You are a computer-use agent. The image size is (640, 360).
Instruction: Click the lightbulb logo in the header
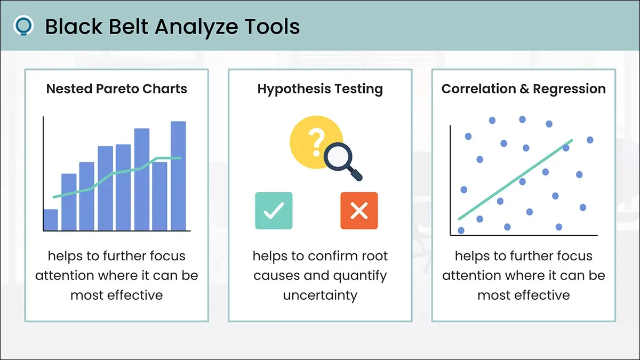tap(23, 26)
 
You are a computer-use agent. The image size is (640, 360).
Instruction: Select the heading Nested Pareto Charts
tap(117, 89)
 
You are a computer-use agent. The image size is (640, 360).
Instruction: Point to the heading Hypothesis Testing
tap(320, 89)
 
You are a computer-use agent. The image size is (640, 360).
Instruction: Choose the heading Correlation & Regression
tap(523, 89)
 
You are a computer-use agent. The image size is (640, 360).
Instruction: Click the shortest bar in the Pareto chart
tap(51, 220)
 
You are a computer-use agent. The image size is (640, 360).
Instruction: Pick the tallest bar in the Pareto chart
tap(178, 175)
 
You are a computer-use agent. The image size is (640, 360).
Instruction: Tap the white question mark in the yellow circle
tap(317, 142)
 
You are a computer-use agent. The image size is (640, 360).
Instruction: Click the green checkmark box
tap(274, 211)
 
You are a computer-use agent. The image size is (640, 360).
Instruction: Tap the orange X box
tap(359, 211)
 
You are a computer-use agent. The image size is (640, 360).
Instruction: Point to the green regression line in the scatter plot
tap(515, 179)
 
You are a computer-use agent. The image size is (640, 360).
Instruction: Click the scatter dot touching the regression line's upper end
tap(566, 148)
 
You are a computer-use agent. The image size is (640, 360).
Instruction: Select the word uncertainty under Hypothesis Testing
tap(320, 295)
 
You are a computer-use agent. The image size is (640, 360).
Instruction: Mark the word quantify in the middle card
tap(360, 276)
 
